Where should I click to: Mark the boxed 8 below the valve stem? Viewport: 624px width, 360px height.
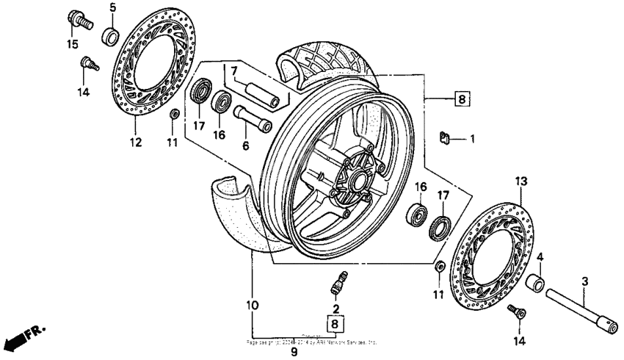point(335,323)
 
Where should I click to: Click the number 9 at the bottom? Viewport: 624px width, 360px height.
point(293,353)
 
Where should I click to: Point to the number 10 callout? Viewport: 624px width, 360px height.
point(252,304)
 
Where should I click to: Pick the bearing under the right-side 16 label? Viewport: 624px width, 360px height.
point(417,215)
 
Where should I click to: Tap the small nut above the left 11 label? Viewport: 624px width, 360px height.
point(174,115)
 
